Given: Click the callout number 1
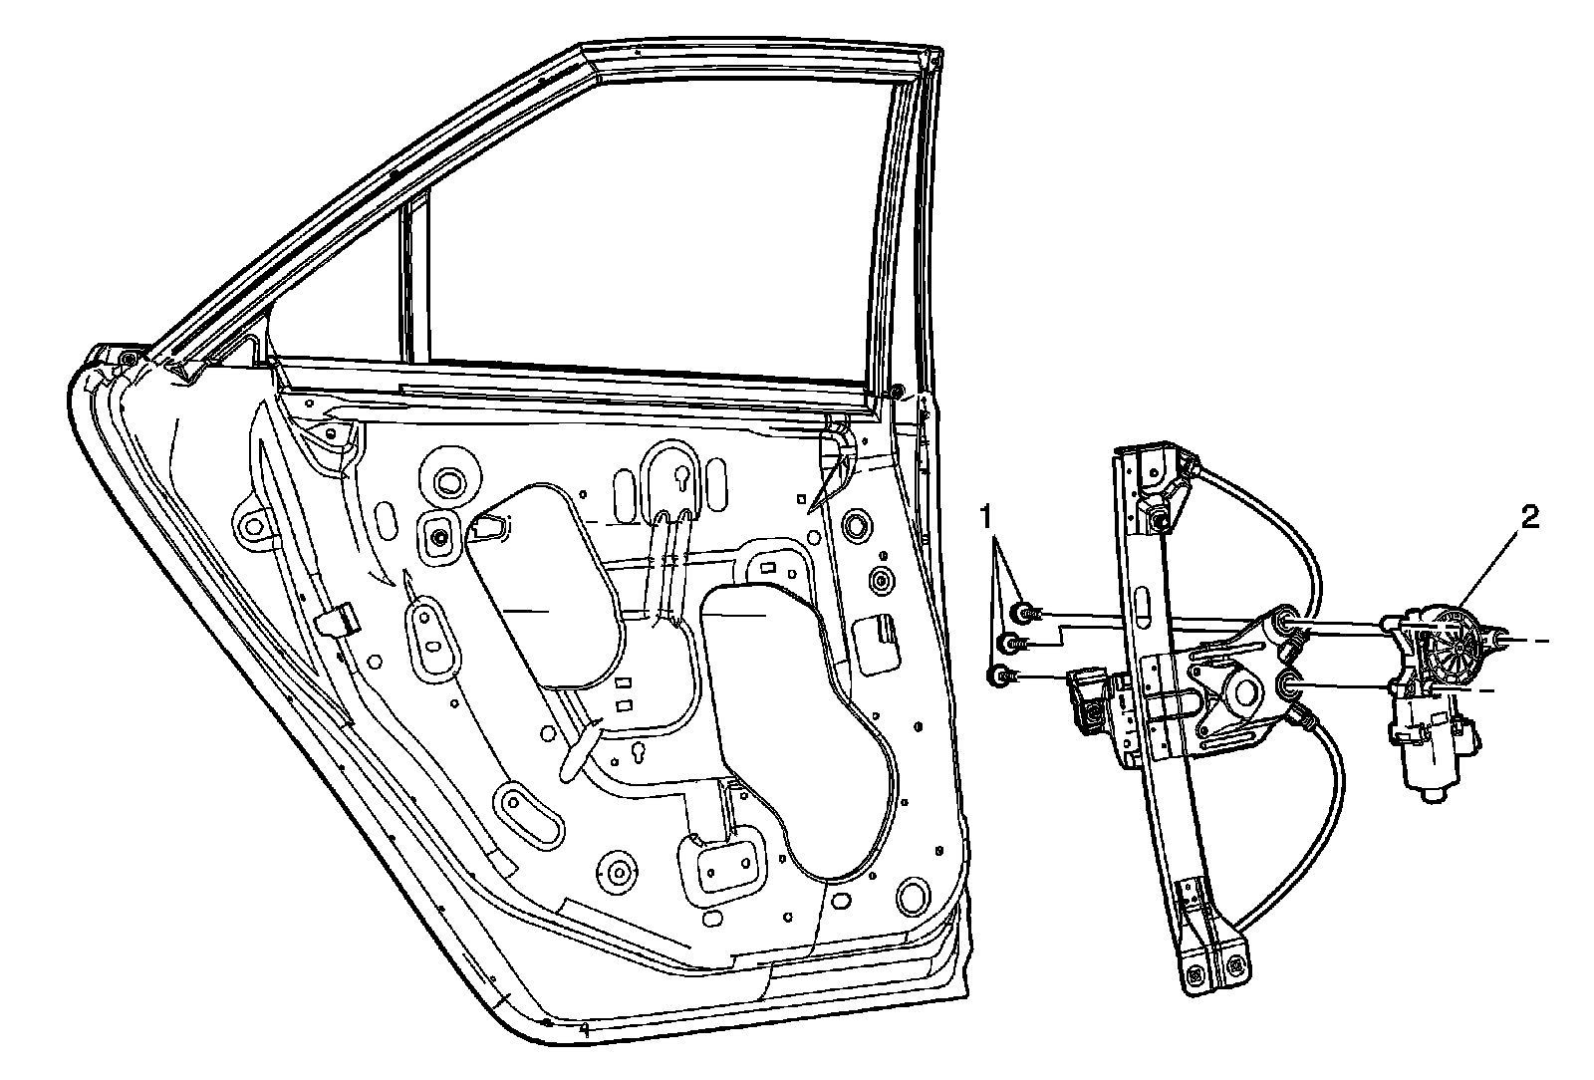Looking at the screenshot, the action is (x=986, y=516).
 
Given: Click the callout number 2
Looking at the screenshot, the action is (x=1529, y=517).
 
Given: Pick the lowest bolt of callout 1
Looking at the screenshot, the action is (x=999, y=676).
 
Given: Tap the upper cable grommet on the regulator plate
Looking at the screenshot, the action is (x=1286, y=623).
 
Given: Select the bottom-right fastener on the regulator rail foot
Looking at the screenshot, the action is (x=1236, y=963).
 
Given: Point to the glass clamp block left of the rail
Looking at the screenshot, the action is (x=1091, y=703).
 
